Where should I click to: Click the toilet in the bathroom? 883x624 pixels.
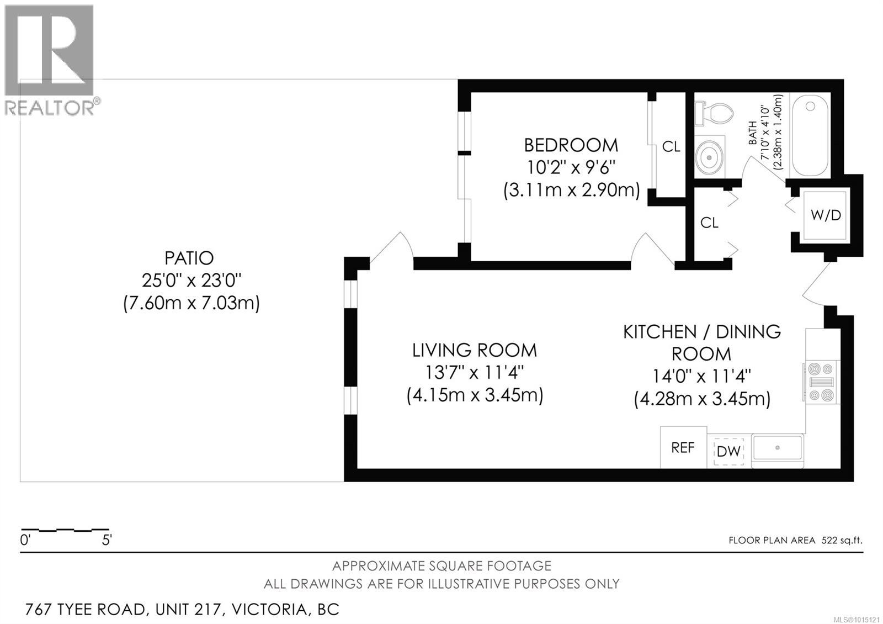714,114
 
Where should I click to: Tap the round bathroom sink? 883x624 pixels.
709,157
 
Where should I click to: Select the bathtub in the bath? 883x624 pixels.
810,135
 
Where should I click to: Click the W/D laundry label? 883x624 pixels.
826,215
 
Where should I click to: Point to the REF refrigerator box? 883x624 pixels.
683,448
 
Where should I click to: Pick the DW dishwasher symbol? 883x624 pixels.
728,451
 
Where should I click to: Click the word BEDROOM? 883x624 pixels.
571,145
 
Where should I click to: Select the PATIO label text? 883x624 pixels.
189,258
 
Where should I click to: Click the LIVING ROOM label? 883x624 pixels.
474,350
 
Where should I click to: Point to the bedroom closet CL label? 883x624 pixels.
671,147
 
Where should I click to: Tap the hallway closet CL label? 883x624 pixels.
709,223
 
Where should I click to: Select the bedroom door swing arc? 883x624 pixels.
652,249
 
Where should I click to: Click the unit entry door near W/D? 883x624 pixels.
817,284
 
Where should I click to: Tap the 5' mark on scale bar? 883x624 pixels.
107,540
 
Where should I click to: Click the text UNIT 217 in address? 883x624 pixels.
189,610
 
